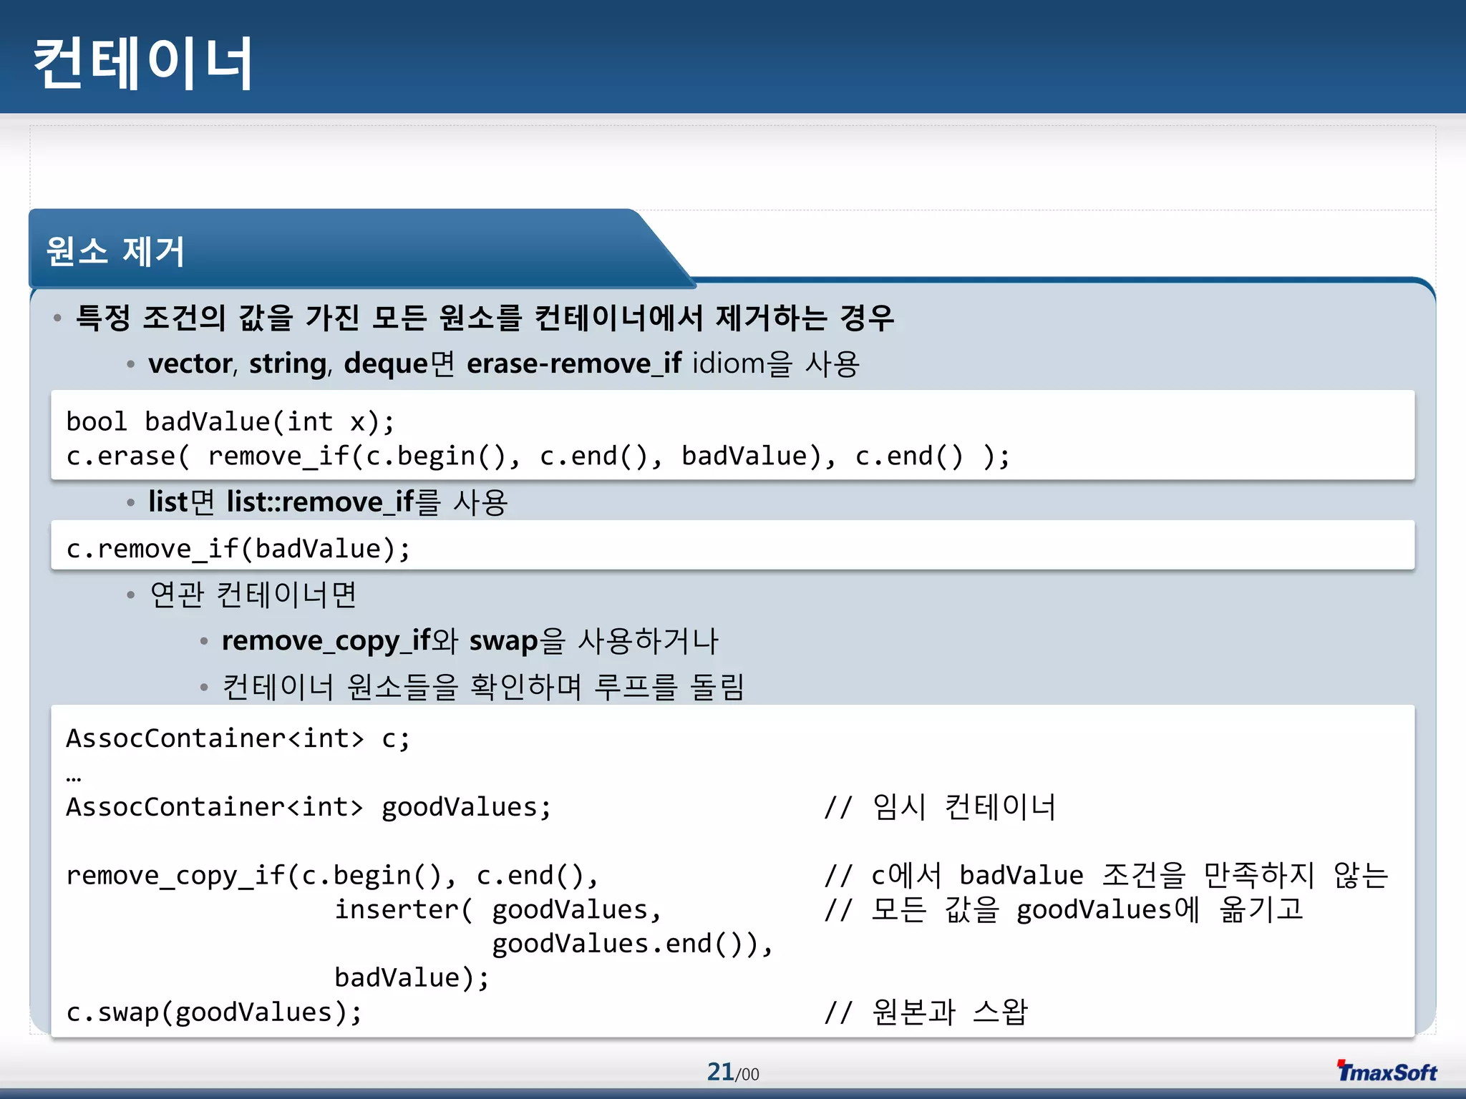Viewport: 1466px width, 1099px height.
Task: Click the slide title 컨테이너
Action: [x=143, y=63]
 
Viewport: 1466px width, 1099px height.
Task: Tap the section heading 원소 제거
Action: [x=115, y=252]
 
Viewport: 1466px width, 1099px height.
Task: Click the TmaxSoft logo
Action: [x=1387, y=1071]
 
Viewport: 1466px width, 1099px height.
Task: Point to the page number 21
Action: [x=720, y=1071]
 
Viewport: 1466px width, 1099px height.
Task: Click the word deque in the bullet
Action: [x=386, y=363]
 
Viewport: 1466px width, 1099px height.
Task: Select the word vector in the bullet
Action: [x=190, y=363]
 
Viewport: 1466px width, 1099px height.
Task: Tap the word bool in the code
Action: [x=97, y=421]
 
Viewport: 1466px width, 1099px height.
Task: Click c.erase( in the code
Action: [x=128, y=456]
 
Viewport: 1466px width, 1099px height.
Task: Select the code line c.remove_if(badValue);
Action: [x=238, y=549]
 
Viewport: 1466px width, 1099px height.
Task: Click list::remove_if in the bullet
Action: [x=320, y=502]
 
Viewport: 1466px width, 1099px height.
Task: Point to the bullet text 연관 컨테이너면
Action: [x=253, y=594]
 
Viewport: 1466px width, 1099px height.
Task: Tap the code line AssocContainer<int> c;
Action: [x=238, y=738]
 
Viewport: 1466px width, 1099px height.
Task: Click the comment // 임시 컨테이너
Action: [x=940, y=807]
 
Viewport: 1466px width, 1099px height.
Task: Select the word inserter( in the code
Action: [x=404, y=909]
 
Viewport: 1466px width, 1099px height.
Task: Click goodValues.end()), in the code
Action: [x=632, y=944]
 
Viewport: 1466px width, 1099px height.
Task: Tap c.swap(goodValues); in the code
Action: [x=214, y=1012]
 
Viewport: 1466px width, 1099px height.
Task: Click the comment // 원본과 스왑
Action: [x=926, y=1012]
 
